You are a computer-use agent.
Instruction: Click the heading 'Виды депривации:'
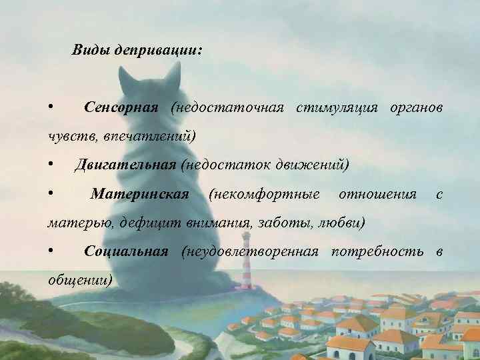point(137,51)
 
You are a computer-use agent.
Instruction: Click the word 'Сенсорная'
point(121,107)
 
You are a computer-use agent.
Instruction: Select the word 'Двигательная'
point(126,164)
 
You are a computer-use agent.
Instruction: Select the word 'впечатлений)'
point(159,136)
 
